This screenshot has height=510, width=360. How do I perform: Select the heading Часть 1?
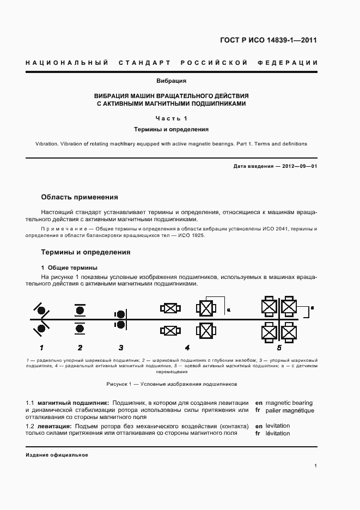pos(171,118)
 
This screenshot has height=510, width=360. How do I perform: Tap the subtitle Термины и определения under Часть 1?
pos(171,130)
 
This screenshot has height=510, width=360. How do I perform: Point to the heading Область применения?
pos(80,197)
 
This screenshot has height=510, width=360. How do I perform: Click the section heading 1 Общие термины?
pos(69,268)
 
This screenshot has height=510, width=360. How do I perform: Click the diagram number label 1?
pos(41,347)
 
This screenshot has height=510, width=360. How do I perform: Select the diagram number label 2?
pos(80,347)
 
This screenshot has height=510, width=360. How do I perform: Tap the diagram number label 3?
pos(121,347)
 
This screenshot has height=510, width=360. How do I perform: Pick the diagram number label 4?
pos(187,347)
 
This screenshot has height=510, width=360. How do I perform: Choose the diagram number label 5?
pos(279,347)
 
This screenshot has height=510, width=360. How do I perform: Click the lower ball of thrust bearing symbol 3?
pos(119,325)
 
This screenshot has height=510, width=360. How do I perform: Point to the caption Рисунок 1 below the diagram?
pos(172,384)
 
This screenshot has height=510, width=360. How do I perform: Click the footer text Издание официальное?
pos(57,454)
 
